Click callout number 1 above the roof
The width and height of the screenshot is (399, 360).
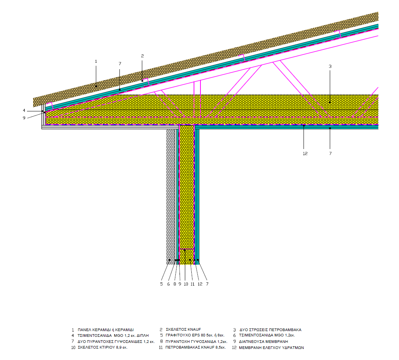click(96, 61)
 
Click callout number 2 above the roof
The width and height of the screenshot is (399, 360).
click(142, 56)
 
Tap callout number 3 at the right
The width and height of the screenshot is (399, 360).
click(330, 66)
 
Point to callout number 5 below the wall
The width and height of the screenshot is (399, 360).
click(161, 284)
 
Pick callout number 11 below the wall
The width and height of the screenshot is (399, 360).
click(192, 284)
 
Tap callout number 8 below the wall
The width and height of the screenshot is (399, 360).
click(175, 284)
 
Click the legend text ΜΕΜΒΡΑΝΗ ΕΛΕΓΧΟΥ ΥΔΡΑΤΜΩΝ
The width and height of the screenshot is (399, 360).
click(272, 347)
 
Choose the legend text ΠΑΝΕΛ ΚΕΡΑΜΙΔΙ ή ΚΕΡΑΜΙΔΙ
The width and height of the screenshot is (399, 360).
click(106, 330)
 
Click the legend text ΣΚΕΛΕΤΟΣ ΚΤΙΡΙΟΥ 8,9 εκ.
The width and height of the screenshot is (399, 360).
click(102, 347)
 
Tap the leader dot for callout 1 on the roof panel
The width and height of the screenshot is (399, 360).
click(96, 87)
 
